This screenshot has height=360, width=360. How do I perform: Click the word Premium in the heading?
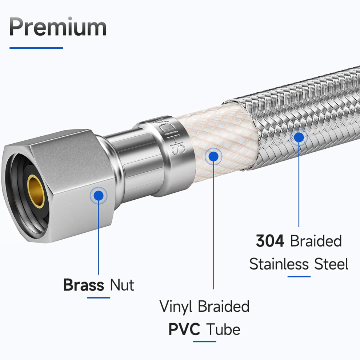click(58, 27)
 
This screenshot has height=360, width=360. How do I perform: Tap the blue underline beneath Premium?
click(36, 48)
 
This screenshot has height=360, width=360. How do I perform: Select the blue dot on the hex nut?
click(99, 196)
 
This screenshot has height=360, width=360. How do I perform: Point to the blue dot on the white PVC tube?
click(213, 156)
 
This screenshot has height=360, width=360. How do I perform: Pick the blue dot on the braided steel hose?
click(299, 137)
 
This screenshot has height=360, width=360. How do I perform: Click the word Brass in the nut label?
click(84, 285)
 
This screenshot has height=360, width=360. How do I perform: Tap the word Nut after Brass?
click(122, 285)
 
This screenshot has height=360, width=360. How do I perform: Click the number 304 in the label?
click(270, 241)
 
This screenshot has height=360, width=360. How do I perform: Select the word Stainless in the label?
click(279, 264)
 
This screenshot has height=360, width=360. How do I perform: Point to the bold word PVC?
click(184, 329)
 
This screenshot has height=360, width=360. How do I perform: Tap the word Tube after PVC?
click(223, 329)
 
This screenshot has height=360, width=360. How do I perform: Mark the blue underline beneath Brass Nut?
click(99, 298)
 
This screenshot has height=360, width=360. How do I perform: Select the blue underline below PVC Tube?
click(205, 341)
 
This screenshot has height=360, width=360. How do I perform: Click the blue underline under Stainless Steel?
click(299, 276)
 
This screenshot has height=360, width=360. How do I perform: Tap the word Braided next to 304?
click(316, 241)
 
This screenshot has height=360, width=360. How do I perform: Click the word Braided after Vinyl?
click(224, 306)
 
